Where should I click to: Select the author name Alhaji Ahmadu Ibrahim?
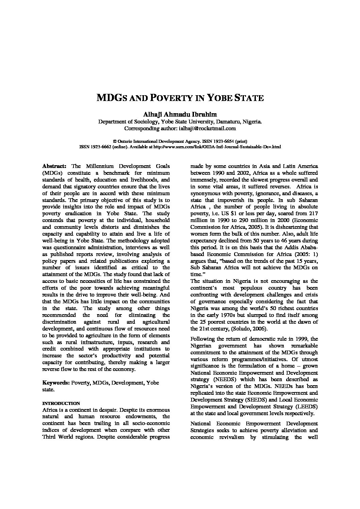pos(180,114)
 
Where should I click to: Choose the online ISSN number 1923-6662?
pos(99,147)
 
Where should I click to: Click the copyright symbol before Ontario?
pos(114,141)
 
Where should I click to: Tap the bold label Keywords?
pos(55,383)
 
